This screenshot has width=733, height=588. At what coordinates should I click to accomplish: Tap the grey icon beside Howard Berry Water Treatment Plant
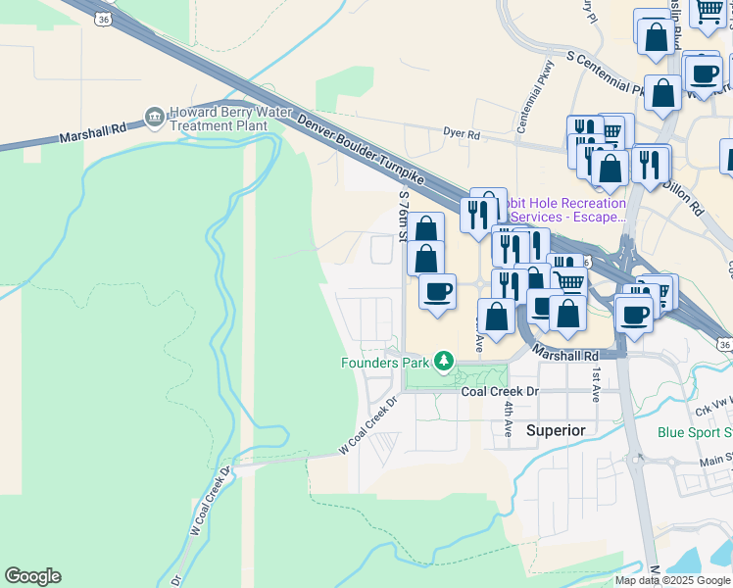coord(154,118)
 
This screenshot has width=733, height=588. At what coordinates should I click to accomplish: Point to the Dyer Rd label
coord(461,133)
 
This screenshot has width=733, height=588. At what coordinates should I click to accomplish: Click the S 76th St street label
coord(403,217)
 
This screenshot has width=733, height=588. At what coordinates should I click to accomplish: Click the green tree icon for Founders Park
coord(444,362)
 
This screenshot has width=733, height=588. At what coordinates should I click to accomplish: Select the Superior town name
coord(556,430)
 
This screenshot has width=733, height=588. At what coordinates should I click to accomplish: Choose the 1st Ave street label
coord(596,384)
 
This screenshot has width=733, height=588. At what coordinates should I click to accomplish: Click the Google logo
coord(32,576)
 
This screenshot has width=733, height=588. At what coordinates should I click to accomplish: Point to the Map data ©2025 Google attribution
coord(671,580)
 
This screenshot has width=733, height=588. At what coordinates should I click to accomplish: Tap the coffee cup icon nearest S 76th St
coord(437,291)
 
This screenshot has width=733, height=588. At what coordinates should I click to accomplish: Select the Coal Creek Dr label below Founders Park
coord(500,390)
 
